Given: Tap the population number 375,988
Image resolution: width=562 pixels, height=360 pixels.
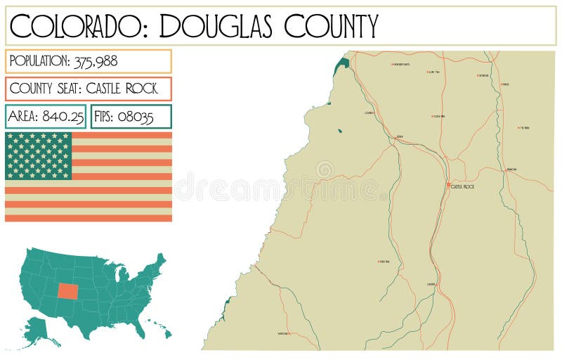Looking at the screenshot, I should coord(95,61).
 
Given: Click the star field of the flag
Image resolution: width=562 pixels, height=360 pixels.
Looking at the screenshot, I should coord(39,155).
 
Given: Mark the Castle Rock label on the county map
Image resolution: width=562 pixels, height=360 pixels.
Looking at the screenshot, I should coord(464,187).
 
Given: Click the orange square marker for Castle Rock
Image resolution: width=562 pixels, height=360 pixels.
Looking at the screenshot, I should coord(448,186).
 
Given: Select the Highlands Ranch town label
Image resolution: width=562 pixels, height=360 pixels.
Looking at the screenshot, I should coord(402,65).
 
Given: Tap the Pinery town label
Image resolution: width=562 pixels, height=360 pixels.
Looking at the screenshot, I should coord(524,128).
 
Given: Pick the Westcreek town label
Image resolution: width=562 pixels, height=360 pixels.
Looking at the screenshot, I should coord(283,333).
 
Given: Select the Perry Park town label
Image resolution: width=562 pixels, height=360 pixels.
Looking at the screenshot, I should coord(384,262).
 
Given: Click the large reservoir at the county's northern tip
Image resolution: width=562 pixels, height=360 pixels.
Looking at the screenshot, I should coord(342,65).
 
